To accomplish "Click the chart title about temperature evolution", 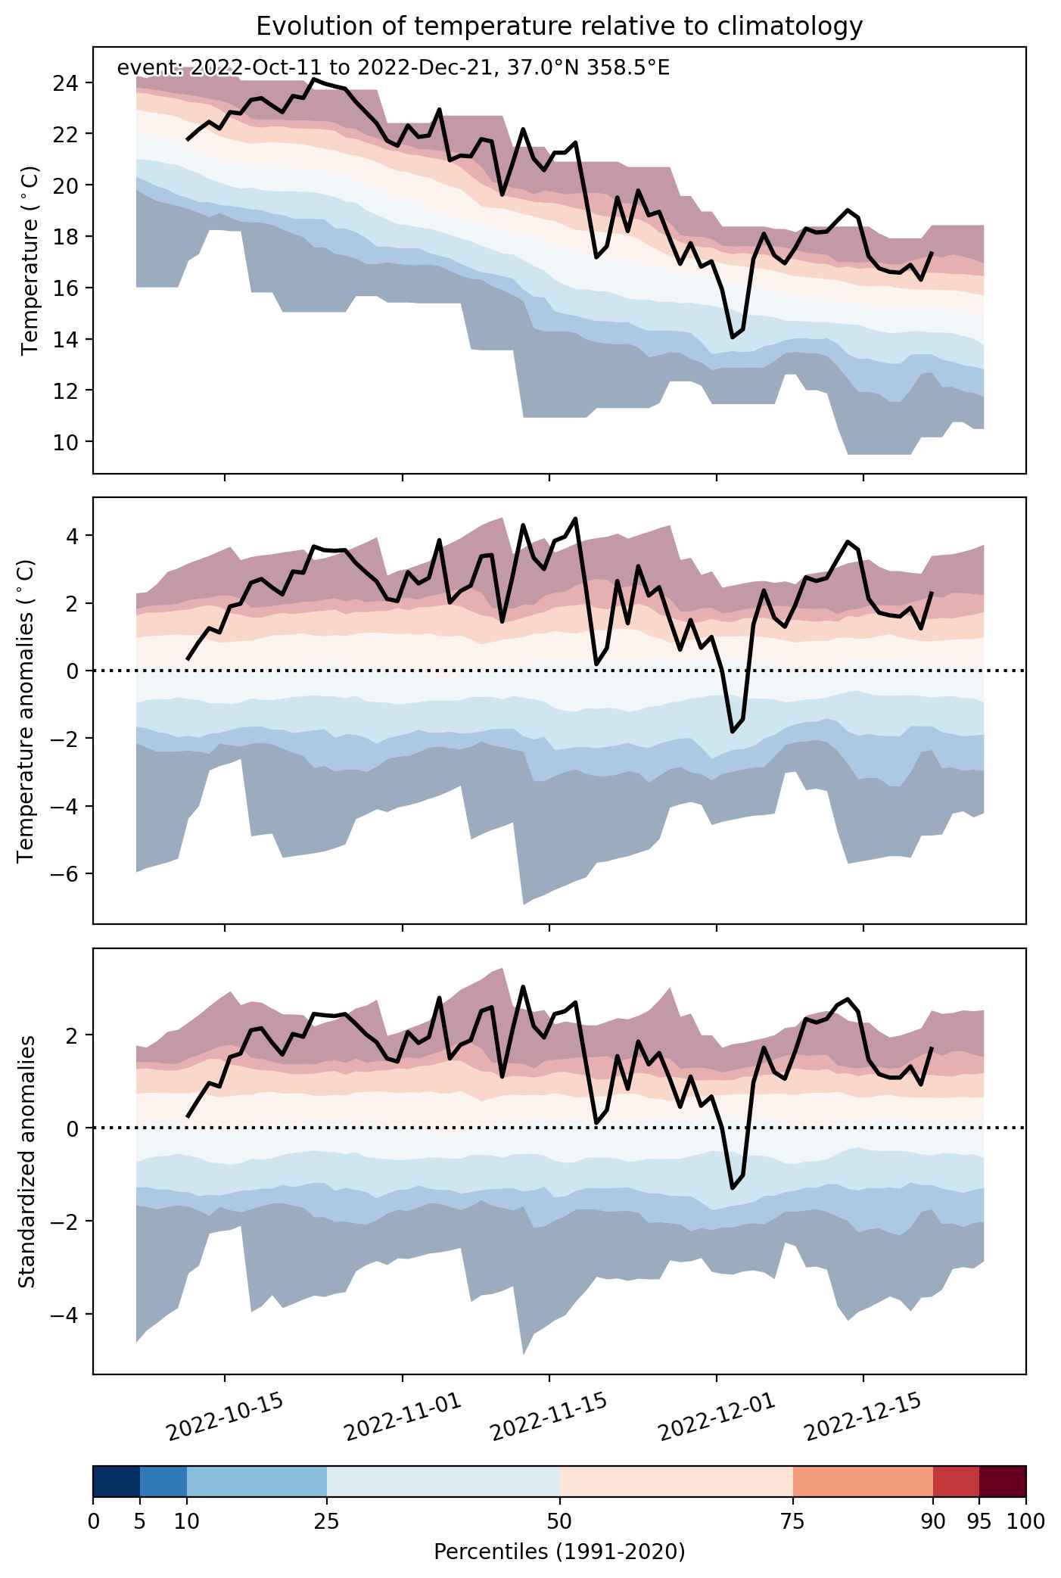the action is coord(559,26).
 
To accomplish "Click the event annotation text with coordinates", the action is coord(393,69).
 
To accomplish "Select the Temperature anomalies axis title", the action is coord(26,711).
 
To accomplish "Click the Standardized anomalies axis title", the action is coord(26,1162).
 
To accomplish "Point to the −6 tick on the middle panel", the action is coord(68,874).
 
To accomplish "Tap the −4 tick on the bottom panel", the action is coord(68,1315).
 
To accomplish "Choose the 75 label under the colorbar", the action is coord(793,1520).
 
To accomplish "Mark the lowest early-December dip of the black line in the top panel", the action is coord(733,337).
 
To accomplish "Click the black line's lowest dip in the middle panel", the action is coord(733,731).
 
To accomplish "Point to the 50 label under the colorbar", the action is coord(560,1520).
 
